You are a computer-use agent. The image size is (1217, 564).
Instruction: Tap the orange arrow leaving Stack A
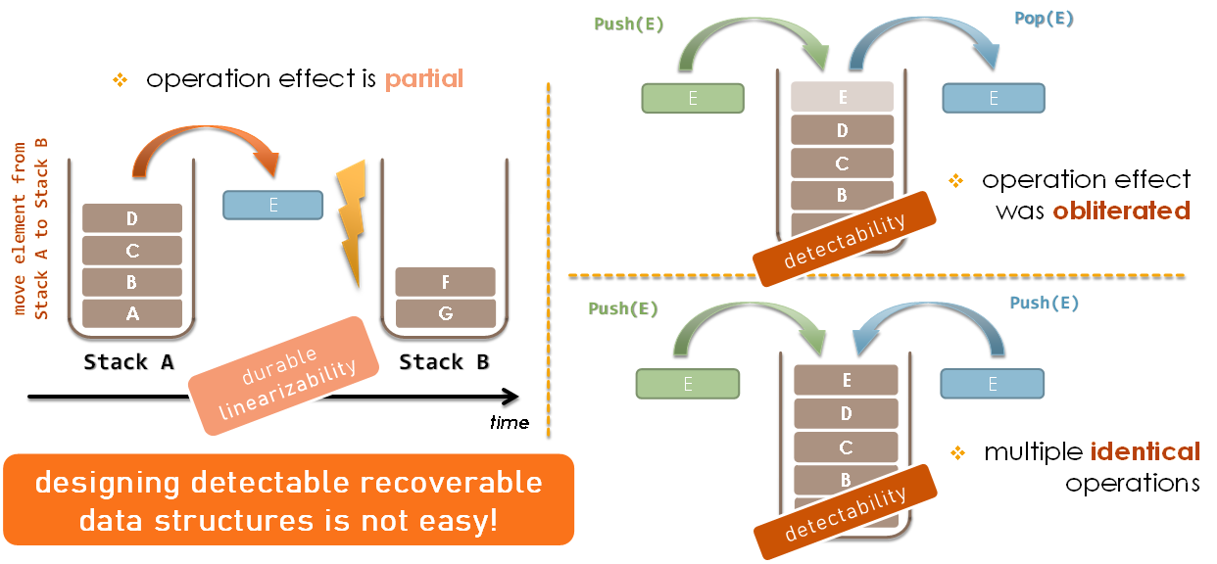click(x=206, y=149)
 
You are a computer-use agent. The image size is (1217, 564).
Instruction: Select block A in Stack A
click(x=132, y=313)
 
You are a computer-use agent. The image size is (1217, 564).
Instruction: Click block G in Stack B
click(x=446, y=313)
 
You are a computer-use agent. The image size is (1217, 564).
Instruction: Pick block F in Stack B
click(x=446, y=282)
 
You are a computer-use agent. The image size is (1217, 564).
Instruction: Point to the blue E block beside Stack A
click(x=273, y=205)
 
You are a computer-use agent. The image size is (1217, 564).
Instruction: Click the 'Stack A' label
click(x=128, y=362)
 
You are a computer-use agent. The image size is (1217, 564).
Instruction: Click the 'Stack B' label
click(x=444, y=362)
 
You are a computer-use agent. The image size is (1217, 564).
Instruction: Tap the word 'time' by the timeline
click(x=509, y=422)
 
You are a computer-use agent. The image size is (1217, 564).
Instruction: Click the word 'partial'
click(x=423, y=79)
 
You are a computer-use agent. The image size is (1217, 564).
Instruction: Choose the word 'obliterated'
click(x=1121, y=210)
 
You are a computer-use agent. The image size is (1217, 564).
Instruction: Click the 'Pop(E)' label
click(x=1044, y=20)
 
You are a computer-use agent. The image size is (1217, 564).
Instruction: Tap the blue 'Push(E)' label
click(x=1044, y=304)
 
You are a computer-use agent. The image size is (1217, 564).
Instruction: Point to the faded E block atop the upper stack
click(x=843, y=97)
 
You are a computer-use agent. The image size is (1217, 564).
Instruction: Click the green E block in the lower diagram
click(x=688, y=384)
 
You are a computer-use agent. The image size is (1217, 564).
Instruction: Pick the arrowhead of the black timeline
click(x=511, y=397)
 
